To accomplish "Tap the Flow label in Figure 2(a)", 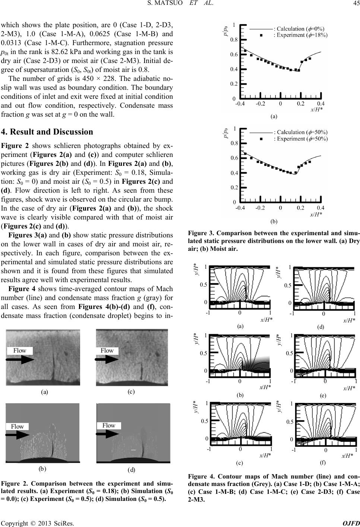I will tap(20, 350).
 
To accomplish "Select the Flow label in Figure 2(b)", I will tap(17, 426).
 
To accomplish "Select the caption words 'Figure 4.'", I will tap(200, 476).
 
